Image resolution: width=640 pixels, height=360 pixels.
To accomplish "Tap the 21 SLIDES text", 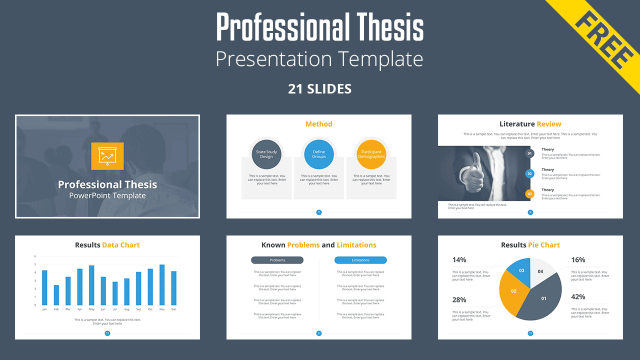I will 319,89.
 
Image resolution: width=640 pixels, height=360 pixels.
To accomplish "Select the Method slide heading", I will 319,124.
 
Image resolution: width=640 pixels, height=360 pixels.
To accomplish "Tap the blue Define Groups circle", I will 319,154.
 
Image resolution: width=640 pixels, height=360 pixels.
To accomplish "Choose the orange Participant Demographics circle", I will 371,154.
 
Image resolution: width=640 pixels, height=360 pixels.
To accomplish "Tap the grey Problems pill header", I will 277,259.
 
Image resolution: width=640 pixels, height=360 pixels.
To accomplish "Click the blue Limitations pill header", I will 360,259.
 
